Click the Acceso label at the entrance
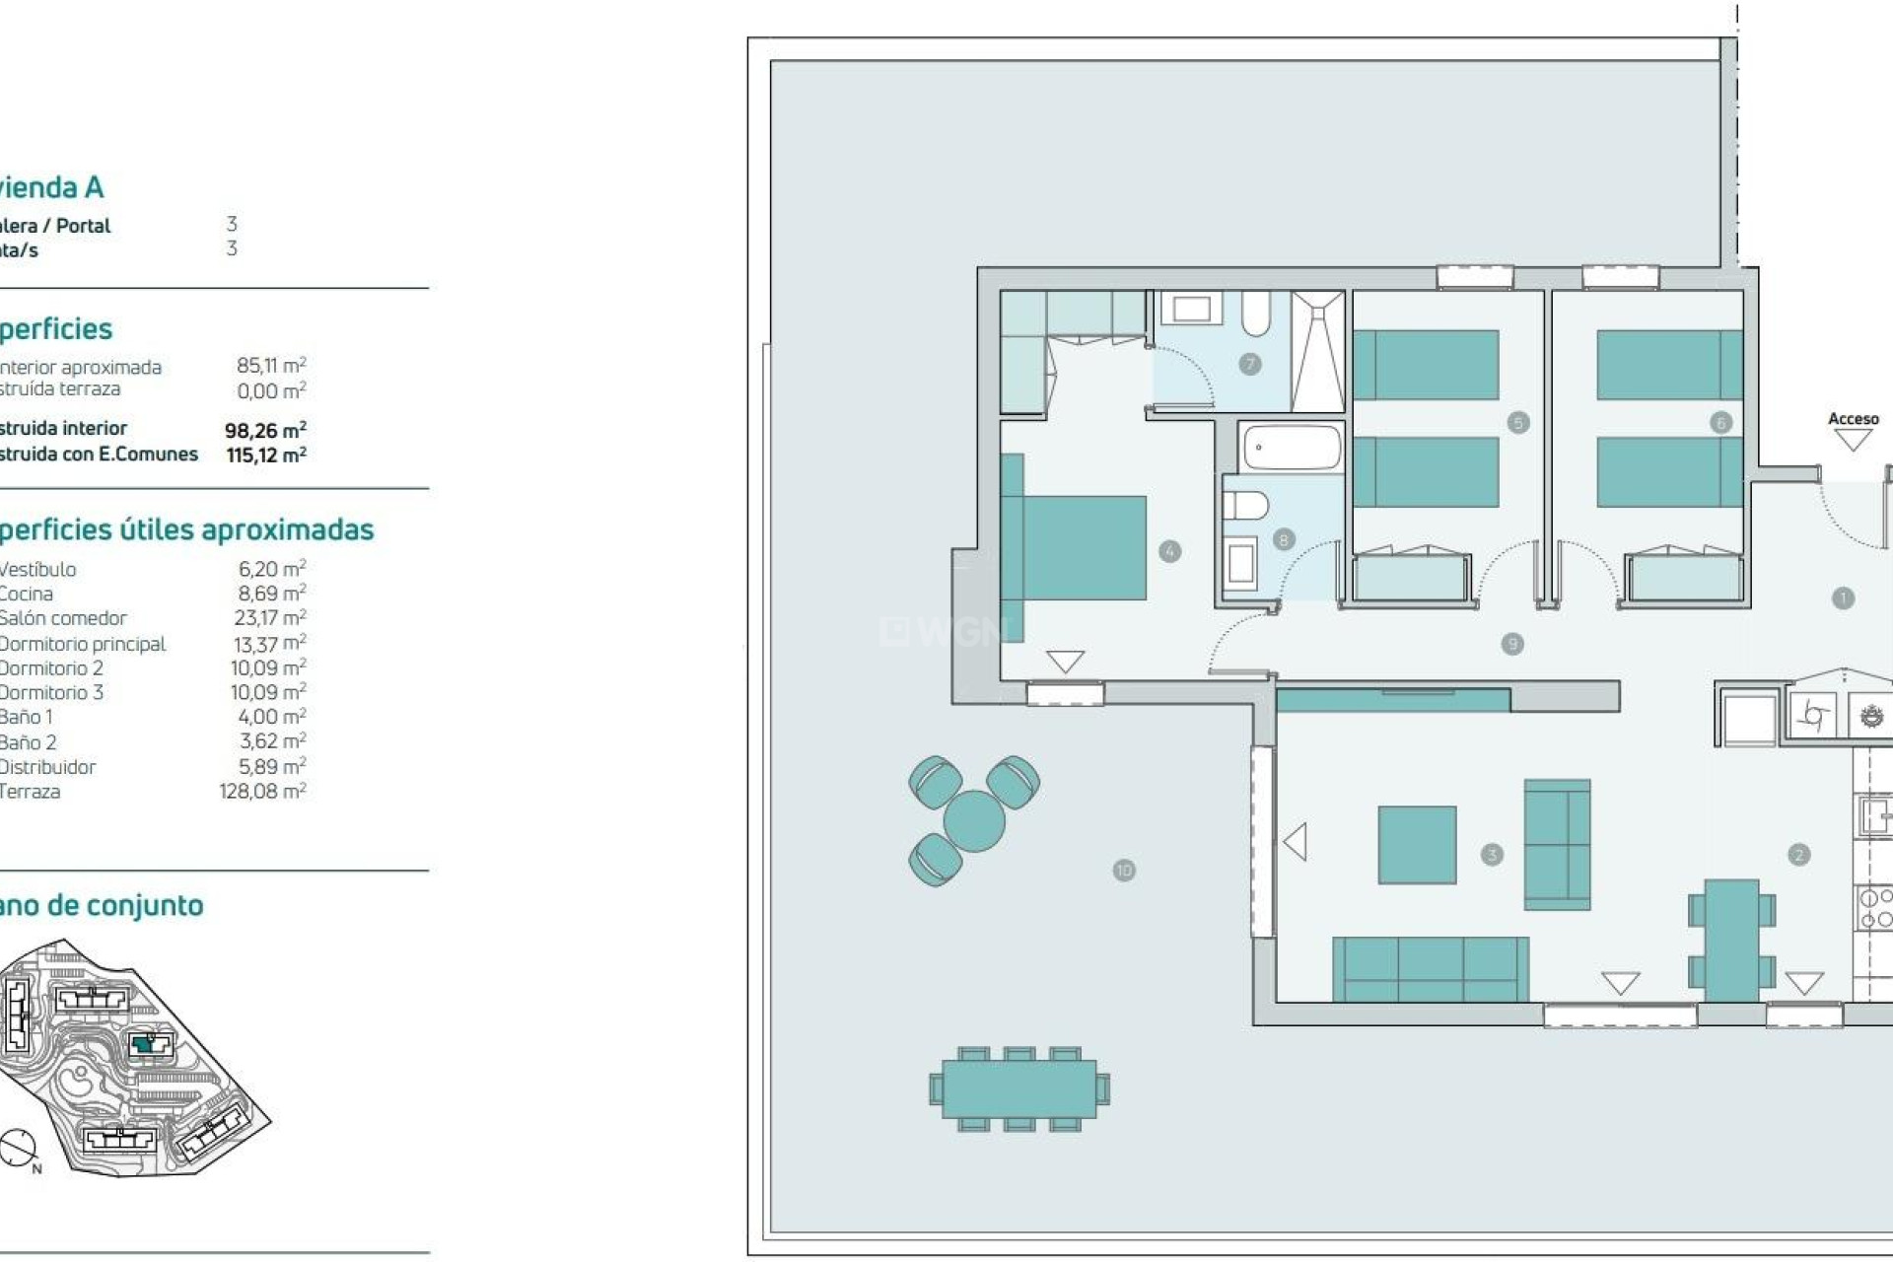[1853, 419]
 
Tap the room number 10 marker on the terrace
[1124, 870]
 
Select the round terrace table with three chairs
[973, 820]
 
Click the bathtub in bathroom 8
[1292, 448]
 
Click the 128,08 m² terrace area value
[262, 791]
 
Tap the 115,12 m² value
[266, 455]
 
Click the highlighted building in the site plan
[145, 1043]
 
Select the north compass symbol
[18, 1148]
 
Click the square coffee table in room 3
[1417, 845]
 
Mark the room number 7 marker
[1249, 364]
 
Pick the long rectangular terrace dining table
[1018, 1088]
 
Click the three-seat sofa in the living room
[1430, 968]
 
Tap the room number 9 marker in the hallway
[1511, 644]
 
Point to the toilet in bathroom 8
[1245, 506]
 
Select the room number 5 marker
[1517, 423]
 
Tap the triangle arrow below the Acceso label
[1853, 441]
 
